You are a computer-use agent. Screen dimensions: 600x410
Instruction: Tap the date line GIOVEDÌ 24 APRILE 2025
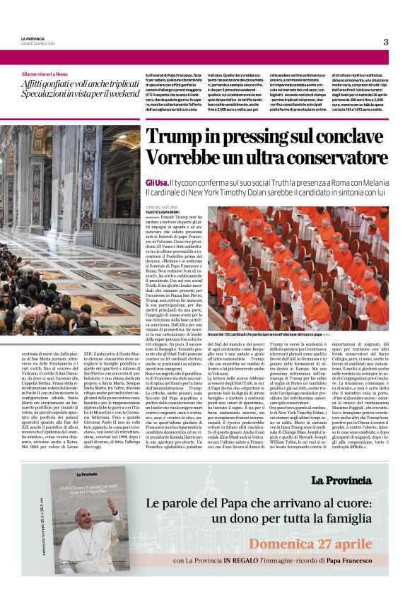pos(36,43)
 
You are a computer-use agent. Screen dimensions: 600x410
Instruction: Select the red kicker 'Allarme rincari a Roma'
pos(44,74)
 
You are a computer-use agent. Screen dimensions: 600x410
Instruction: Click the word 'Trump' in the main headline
pos(178,136)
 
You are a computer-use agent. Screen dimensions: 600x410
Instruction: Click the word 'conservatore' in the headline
pos(322,159)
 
